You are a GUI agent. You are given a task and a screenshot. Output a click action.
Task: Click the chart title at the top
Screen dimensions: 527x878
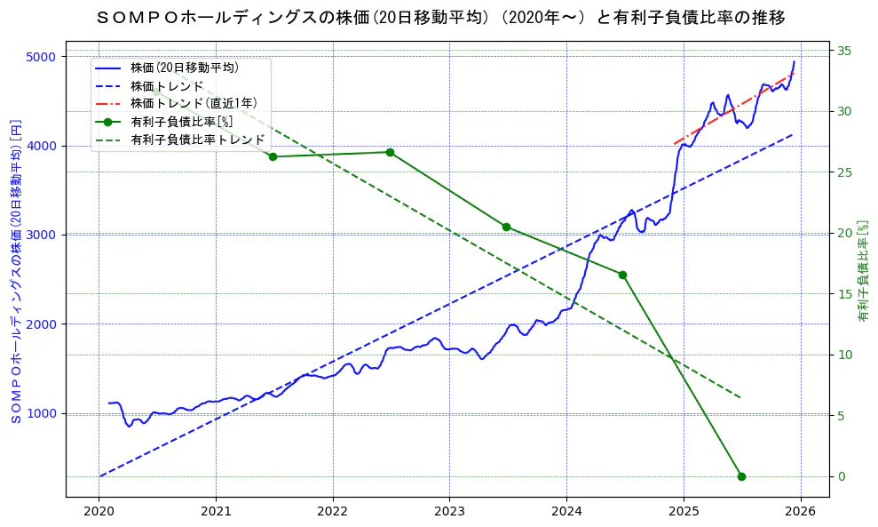click(x=439, y=18)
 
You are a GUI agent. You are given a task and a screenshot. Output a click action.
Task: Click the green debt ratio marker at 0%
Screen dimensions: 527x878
click(x=741, y=476)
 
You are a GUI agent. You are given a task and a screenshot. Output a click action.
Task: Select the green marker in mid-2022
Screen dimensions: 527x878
click(x=390, y=152)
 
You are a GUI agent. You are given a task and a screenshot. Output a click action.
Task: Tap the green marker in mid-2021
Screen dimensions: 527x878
click(x=273, y=156)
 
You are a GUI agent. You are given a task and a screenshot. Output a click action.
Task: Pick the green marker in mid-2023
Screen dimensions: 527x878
click(x=506, y=227)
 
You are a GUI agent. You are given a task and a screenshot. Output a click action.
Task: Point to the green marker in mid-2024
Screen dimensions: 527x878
click(x=622, y=275)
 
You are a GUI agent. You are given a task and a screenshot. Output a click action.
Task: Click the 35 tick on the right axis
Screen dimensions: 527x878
click(x=845, y=51)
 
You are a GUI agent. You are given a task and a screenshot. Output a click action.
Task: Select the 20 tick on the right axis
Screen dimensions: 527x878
click(x=845, y=233)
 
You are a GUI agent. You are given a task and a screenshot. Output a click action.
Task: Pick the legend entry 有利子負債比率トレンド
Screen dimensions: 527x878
click(x=197, y=140)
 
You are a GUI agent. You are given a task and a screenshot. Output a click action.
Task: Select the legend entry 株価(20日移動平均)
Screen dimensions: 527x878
click(x=184, y=67)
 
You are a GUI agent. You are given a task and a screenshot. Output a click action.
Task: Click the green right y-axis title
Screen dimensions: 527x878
click(x=862, y=271)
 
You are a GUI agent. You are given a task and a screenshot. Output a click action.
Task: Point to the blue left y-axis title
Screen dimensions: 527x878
click(x=15, y=271)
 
